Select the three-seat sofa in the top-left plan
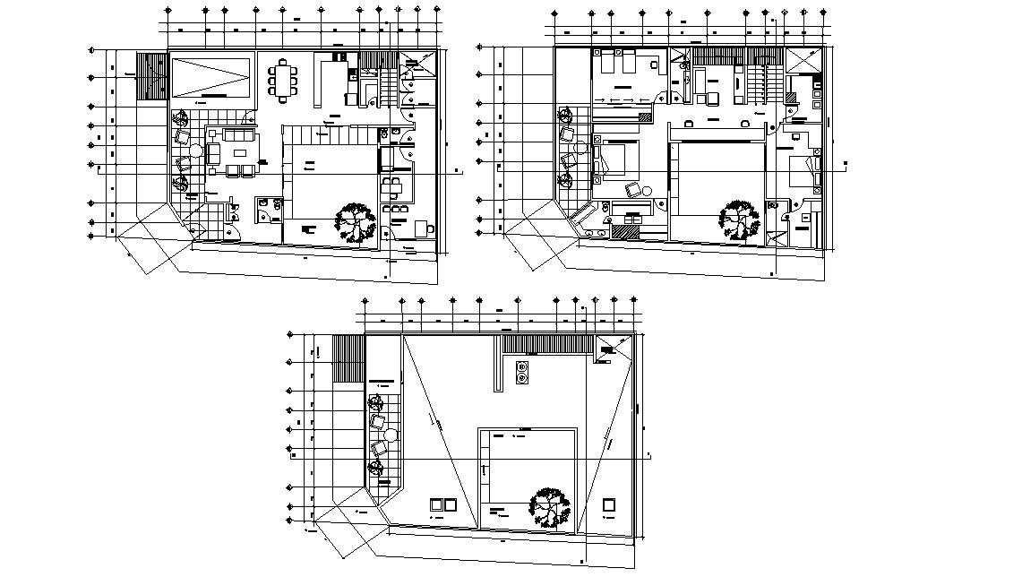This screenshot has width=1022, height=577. point(239,135)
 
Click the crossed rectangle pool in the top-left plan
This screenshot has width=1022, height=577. point(210,76)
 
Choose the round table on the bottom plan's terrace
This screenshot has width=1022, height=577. point(391,435)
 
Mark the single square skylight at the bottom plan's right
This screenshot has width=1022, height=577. point(609,504)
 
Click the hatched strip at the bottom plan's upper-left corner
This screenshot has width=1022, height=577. point(348,358)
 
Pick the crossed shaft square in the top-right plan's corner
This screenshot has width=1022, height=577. point(804,64)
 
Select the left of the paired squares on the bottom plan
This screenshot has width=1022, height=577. point(437,504)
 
